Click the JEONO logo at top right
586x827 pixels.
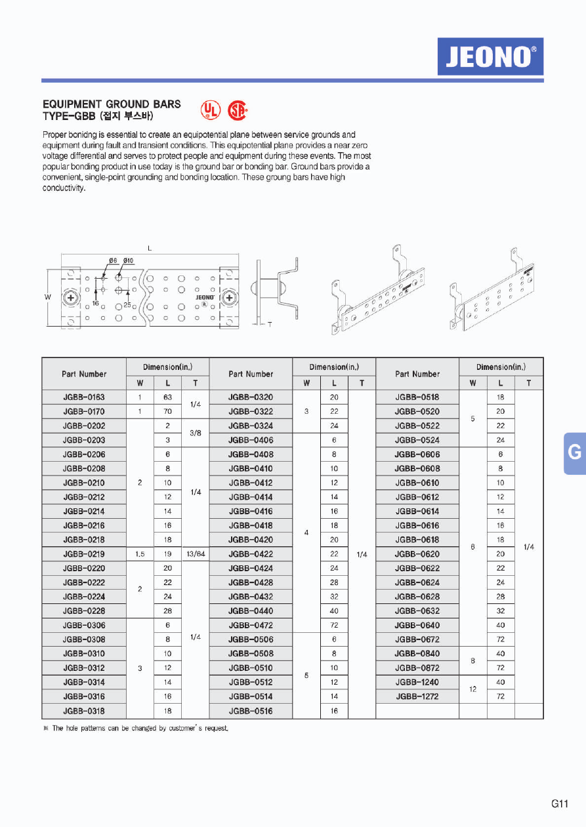point(490,56)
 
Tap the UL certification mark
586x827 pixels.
point(210,110)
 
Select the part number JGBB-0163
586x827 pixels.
point(83,397)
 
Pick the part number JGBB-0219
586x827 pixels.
point(83,554)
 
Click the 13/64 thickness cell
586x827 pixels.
point(195,554)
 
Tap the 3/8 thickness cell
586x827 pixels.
point(195,433)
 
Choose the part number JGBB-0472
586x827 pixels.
point(251,626)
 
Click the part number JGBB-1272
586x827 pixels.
point(417,696)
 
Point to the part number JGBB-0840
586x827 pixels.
point(417,654)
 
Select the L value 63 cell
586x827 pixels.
point(167,397)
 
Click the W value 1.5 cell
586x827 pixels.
point(140,554)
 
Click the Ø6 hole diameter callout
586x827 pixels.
point(113,261)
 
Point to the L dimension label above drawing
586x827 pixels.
point(150,249)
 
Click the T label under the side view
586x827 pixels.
point(270,325)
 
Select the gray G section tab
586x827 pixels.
point(574,453)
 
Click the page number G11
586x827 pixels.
point(559,804)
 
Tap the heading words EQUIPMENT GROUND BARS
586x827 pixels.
point(112,104)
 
